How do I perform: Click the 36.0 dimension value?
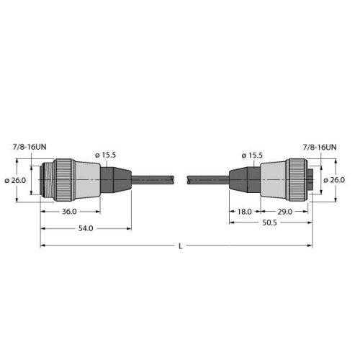pos(68,212)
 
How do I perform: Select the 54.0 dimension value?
pos(85,229)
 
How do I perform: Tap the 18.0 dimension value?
pos(244,212)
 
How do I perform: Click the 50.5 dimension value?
pos(270,223)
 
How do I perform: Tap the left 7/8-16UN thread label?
pos(32,146)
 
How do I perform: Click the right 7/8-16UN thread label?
pos(318,146)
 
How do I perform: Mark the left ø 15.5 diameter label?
pos(107,156)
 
